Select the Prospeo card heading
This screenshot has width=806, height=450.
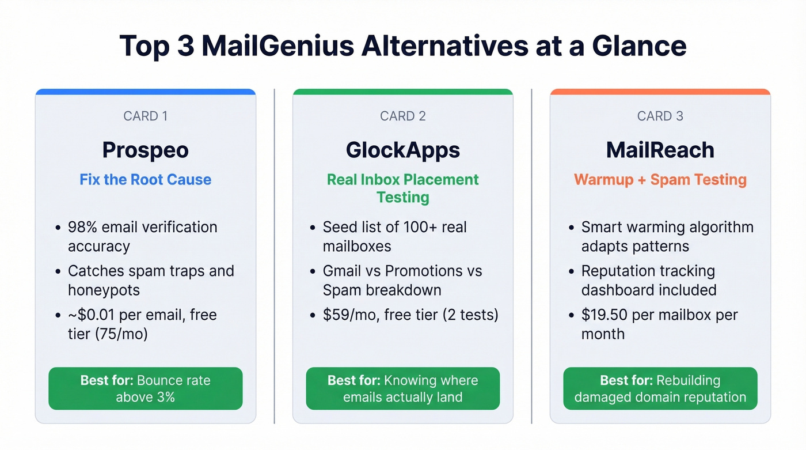(x=145, y=150)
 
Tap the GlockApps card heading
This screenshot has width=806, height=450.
(x=402, y=150)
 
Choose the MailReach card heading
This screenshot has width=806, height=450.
(x=660, y=150)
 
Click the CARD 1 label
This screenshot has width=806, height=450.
(x=145, y=116)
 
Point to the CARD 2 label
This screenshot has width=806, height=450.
(x=402, y=116)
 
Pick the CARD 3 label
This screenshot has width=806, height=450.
(x=660, y=116)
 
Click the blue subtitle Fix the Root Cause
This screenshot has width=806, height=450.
(x=145, y=179)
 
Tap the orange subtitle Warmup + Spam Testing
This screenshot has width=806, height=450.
(x=660, y=179)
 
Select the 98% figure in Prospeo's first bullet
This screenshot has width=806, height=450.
(x=82, y=227)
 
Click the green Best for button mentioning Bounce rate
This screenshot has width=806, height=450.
(x=145, y=388)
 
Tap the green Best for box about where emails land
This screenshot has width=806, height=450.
(x=402, y=388)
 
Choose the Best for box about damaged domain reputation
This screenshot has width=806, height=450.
(x=660, y=388)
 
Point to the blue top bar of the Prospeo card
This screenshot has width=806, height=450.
(x=145, y=92)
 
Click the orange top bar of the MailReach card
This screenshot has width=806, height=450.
(x=660, y=92)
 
